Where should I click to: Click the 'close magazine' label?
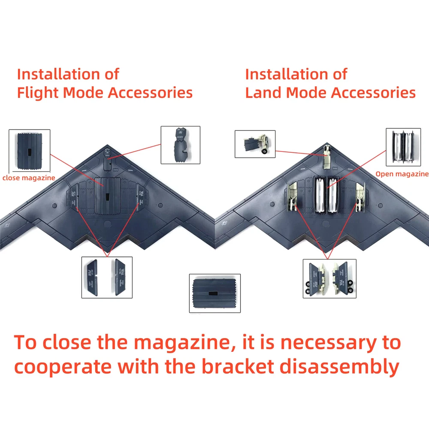coord(29,178)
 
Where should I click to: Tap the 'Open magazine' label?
coord(402,174)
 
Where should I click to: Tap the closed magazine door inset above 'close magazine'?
coord(29,150)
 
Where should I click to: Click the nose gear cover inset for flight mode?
coord(180,145)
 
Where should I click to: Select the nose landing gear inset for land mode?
coord(254,145)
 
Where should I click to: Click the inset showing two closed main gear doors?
coord(107,277)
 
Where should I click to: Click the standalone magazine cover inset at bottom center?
coord(214,293)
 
